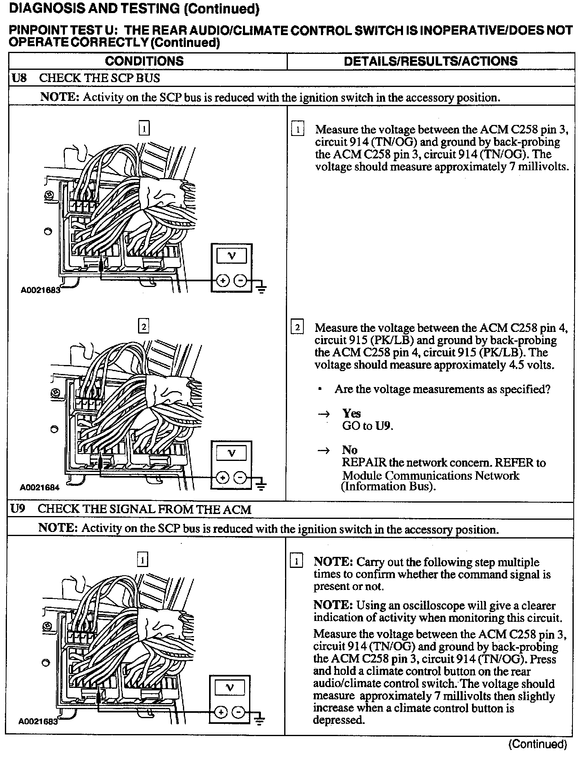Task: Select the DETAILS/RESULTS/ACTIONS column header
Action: (x=430, y=61)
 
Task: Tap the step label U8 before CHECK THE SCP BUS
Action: (x=19, y=78)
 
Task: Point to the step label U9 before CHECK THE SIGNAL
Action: (x=18, y=509)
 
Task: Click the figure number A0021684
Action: (x=39, y=487)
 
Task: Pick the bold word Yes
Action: (x=352, y=414)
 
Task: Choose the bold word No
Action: (x=350, y=450)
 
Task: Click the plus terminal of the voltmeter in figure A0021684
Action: (x=222, y=478)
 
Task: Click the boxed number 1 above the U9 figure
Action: (x=142, y=560)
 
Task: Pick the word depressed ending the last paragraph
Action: (x=339, y=720)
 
